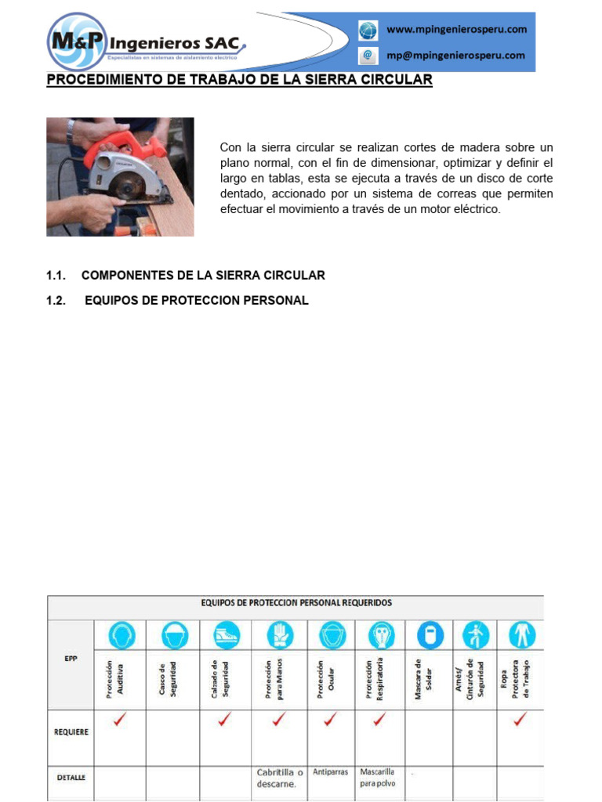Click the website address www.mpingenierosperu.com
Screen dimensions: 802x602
tap(456, 30)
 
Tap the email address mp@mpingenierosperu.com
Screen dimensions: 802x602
tap(455, 56)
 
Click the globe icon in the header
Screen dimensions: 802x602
tap(368, 31)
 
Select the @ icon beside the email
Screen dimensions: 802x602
tap(368, 56)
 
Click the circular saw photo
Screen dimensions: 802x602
tap(120, 177)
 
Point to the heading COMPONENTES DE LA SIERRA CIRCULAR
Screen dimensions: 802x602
tap(203, 276)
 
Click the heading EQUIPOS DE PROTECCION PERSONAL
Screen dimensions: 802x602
tap(196, 301)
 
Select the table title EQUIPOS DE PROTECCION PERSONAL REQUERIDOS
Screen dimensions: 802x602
tap(296, 603)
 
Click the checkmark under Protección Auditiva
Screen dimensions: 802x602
tap(119, 720)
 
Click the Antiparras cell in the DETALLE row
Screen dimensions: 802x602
tap(330, 771)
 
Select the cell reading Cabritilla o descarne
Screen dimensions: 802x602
tap(280, 779)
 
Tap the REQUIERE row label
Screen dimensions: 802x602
tap(71, 732)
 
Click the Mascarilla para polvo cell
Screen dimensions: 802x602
tap(379, 777)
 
